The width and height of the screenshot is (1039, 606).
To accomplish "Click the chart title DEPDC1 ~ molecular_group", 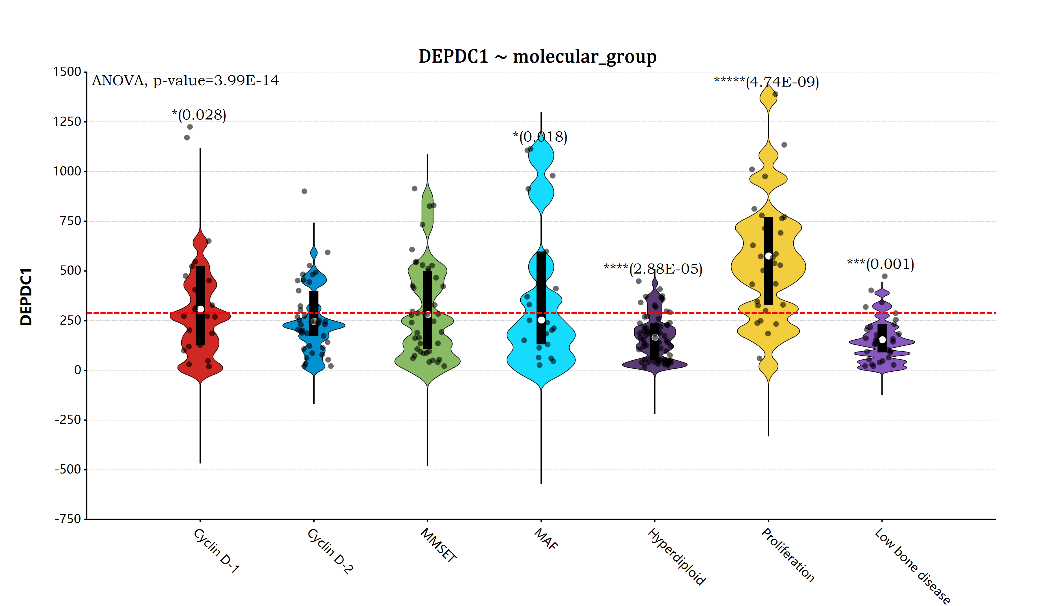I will [537, 57].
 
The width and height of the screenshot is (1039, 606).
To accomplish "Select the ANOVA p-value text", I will [185, 81].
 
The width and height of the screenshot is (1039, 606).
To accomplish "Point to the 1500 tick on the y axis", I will [67, 72].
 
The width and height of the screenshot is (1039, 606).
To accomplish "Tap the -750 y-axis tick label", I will [68, 519].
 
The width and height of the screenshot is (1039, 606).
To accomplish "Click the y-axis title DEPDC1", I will [26, 297].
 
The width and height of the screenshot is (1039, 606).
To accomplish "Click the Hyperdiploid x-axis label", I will [677, 557].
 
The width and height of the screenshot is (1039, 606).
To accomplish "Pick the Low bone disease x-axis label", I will [912, 566].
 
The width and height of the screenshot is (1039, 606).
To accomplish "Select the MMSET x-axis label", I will [438, 545].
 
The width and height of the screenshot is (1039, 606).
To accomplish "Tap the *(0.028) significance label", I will [199, 115].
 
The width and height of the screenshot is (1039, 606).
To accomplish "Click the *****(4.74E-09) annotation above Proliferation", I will [767, 82].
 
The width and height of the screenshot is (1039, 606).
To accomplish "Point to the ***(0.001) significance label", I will [881, 264].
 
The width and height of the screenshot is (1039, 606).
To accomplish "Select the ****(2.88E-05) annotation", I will [653, 269].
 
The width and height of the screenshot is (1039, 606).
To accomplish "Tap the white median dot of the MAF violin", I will [541, 320].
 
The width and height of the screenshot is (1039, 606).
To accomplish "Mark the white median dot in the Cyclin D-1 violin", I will [200, 309].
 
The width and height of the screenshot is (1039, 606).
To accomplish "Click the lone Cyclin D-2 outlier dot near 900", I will [304, 191].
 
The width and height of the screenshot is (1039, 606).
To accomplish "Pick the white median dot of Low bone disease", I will [882, 340].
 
